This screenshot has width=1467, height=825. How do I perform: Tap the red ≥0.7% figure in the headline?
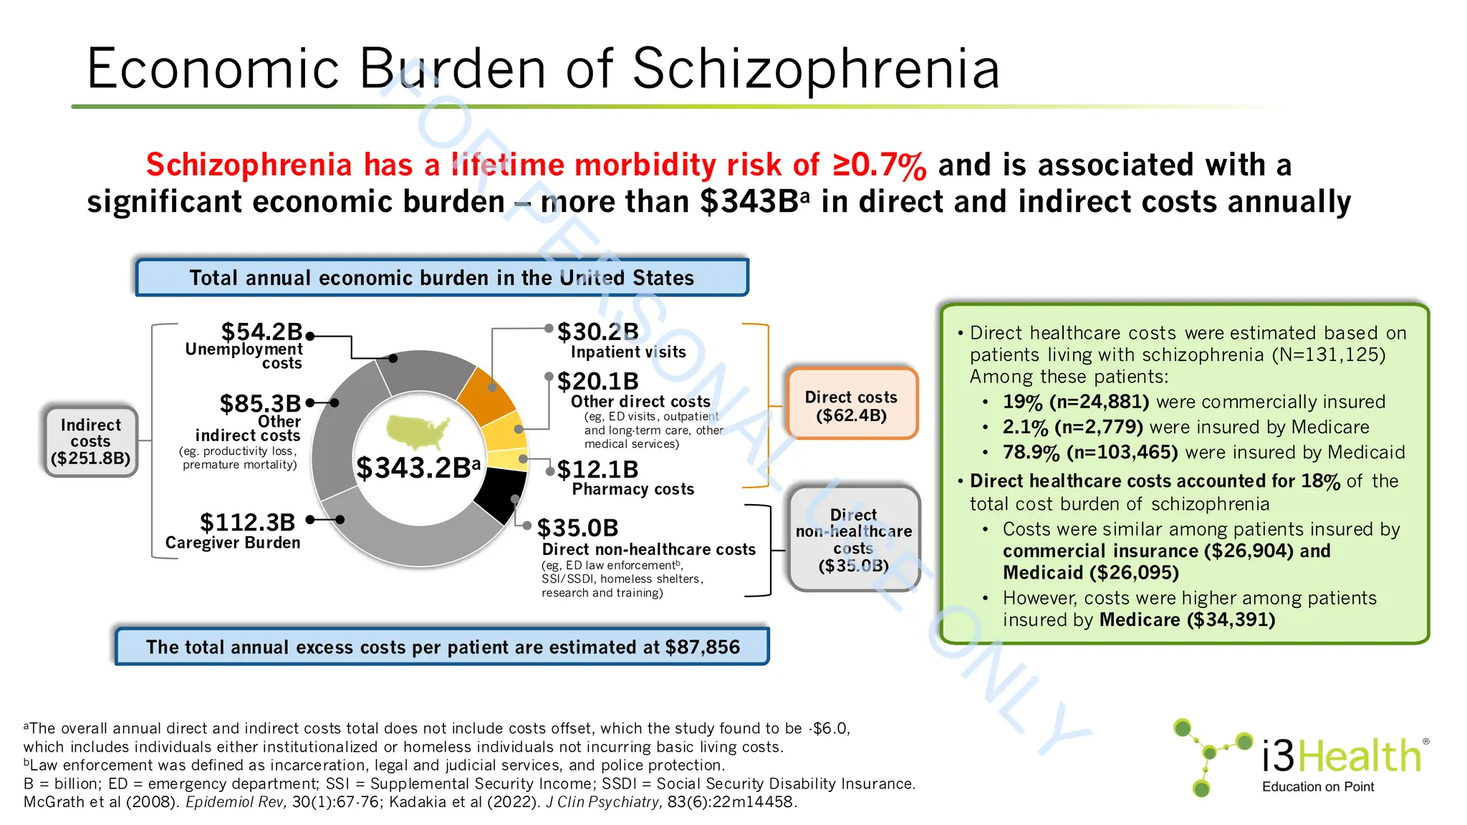click(x=880, y=165)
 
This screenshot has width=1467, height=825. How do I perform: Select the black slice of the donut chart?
click(x=499, y=493)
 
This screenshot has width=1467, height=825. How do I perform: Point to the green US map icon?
click(x=418, y=430)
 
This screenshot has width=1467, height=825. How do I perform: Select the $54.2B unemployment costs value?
click(x=261, y=332)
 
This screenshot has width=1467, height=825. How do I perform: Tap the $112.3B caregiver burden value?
click(x=247, y=522)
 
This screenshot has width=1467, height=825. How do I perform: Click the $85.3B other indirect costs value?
click(x=260, y=403)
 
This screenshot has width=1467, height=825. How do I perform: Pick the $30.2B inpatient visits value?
click(x=598, y=332)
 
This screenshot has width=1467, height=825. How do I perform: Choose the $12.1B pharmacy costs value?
click(x=597, y=470)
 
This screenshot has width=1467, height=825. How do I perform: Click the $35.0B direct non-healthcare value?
click(x=577, y=529)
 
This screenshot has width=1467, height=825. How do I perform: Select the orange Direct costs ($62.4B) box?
click(x=851, y=405)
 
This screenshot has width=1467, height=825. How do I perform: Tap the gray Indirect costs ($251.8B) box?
click(x=90, y=442)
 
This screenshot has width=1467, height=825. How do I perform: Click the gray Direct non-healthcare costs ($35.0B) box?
click(x=853, y=540)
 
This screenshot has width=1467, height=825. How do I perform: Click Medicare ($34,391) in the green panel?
click(x=1187, y=620)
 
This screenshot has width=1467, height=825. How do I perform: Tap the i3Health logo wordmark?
click(x=1341, y=756)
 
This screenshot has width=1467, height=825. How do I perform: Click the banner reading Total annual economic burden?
click(x=442, y=278)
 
